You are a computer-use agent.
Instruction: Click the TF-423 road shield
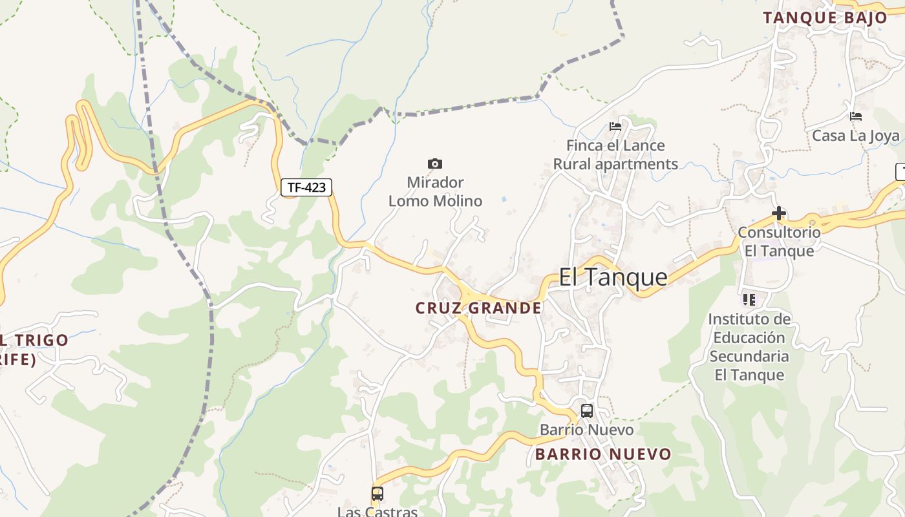(306, 187)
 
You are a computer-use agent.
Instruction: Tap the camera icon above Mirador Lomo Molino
(435, 164)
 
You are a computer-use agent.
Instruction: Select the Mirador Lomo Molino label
(435, 192)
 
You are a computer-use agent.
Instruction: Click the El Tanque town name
(613, 277)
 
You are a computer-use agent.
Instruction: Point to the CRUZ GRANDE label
(478, 308)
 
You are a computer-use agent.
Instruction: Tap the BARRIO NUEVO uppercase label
(603, 454)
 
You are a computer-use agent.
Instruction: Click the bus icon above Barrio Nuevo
(587, 411)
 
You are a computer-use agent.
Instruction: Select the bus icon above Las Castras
(378, 494)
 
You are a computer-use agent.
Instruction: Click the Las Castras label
(378, 511)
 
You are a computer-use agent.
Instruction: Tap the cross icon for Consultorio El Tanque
(779, 213)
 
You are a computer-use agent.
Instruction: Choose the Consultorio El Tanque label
(779, 241)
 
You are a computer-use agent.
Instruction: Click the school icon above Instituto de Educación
(749, 299)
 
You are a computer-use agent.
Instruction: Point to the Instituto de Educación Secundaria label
(749, 347)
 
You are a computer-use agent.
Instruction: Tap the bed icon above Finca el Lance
(615, 127)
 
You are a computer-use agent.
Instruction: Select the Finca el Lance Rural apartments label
(615, 155)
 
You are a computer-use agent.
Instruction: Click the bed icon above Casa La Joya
(856, 117)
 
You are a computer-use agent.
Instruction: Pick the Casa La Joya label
(856, 136)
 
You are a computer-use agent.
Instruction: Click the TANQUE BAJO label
(825, 18)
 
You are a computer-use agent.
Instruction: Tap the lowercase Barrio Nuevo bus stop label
(587, 430)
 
